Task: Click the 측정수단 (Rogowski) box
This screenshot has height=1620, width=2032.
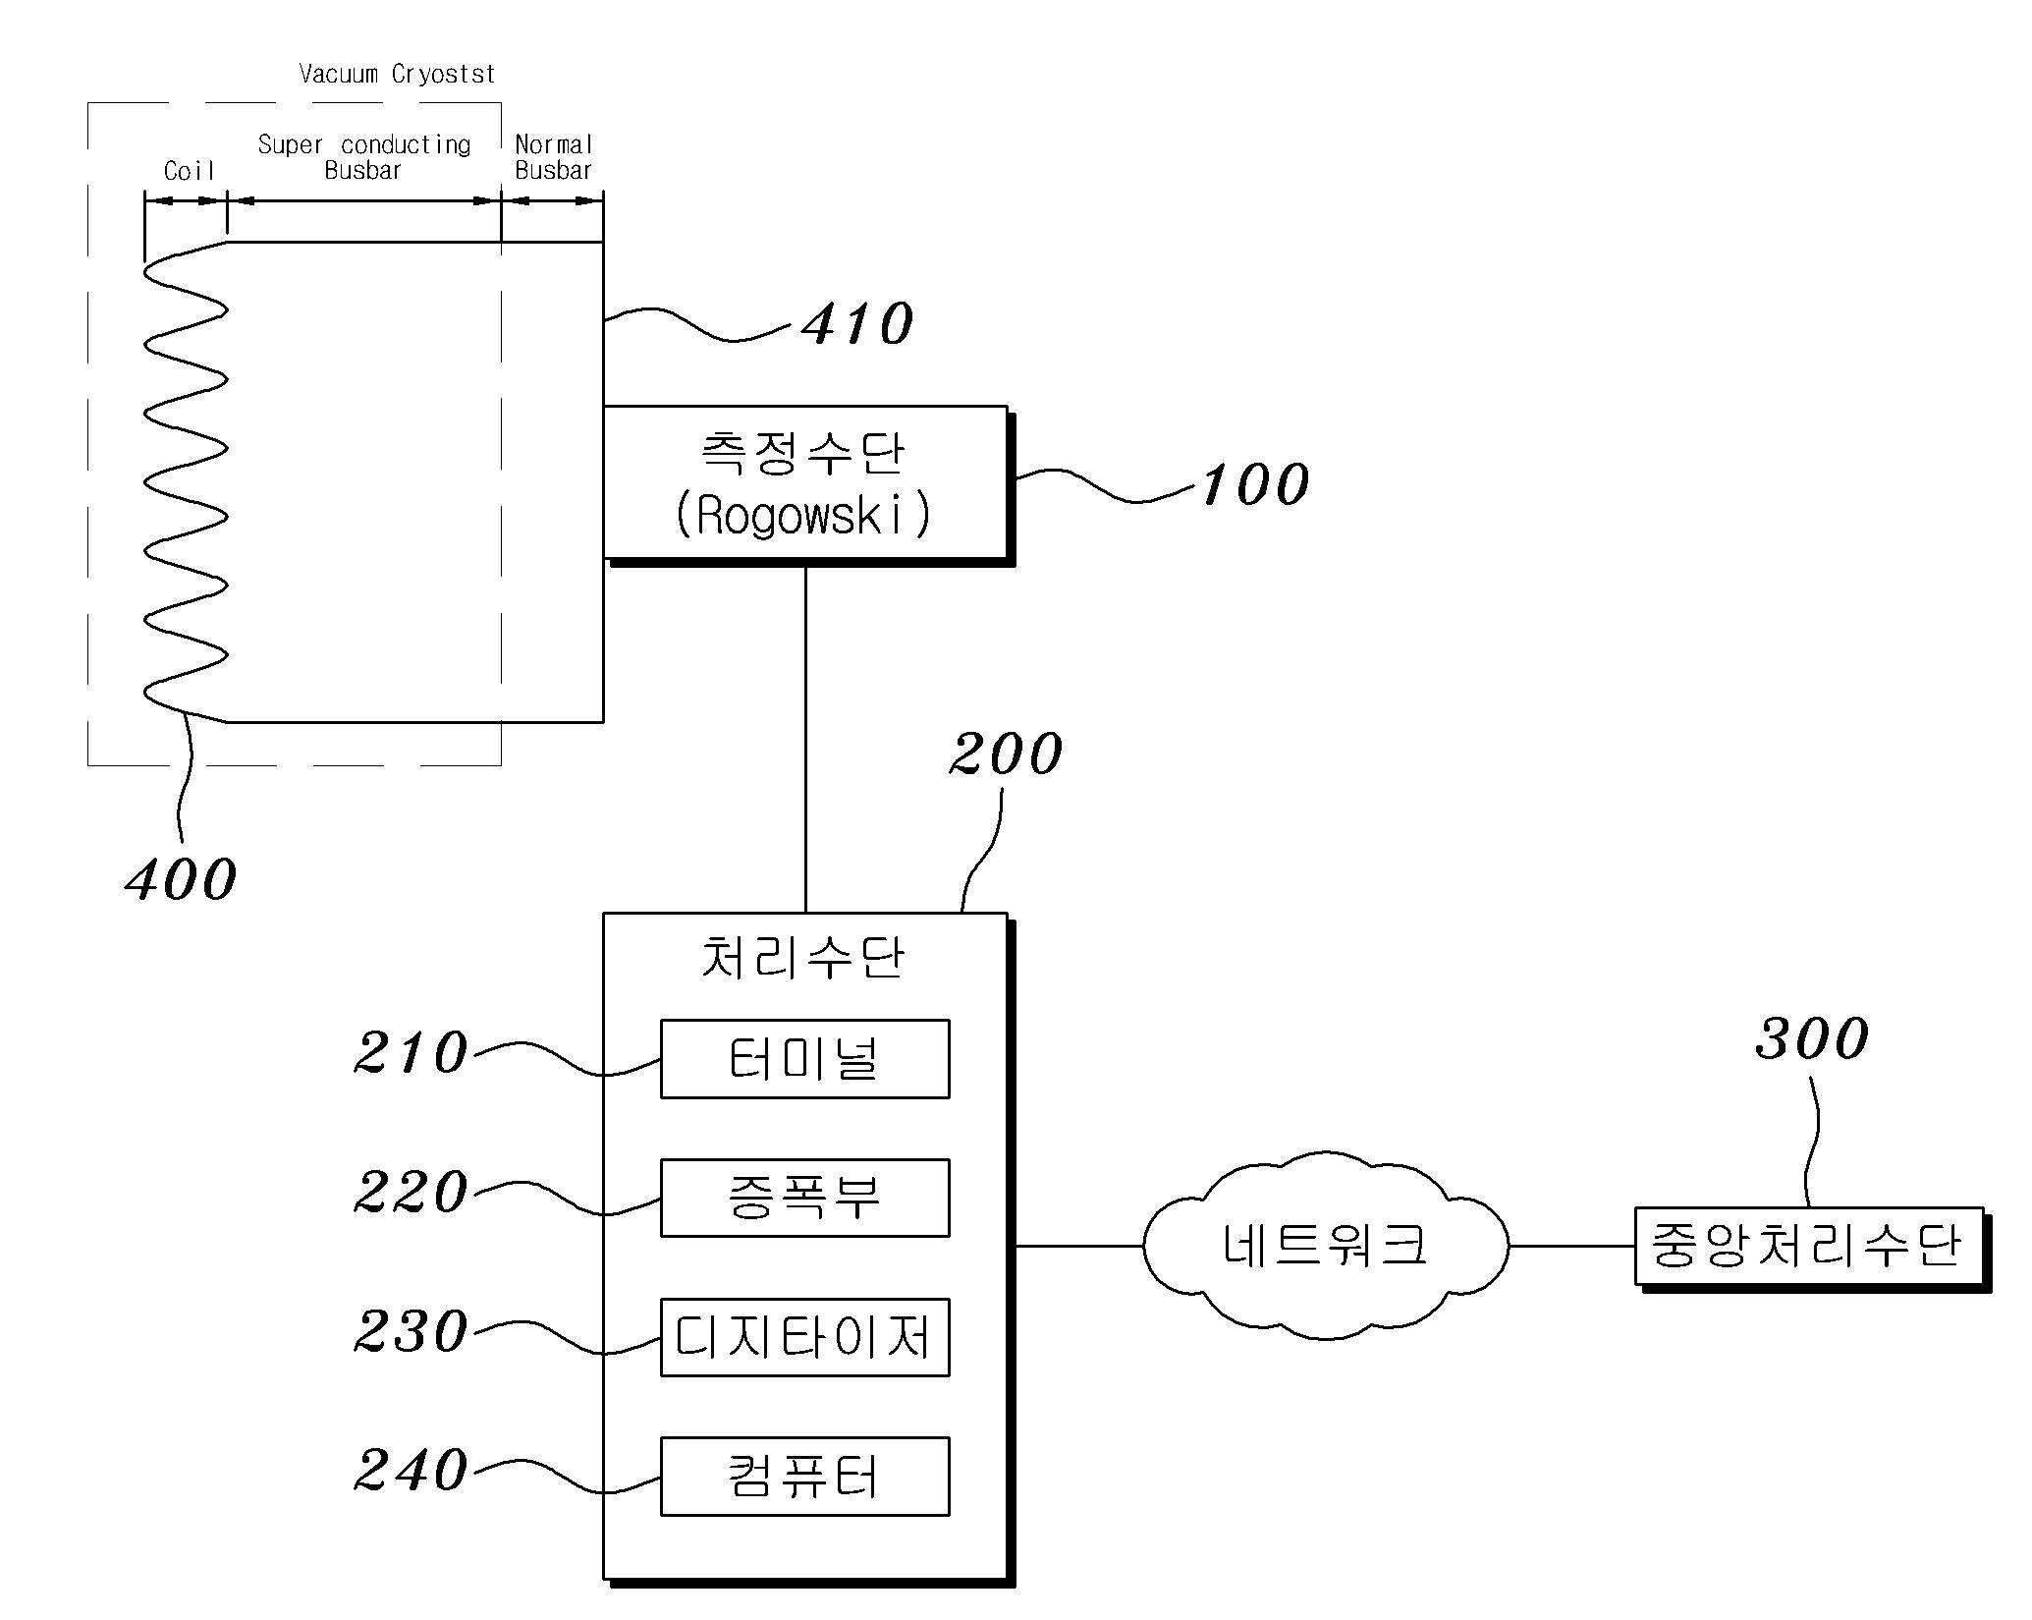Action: coord(805,483)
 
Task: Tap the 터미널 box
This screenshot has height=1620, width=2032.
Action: coord(804,1059)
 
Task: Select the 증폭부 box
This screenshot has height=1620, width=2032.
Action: coord(804,1198)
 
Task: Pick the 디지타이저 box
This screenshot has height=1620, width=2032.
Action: coord(804,1337)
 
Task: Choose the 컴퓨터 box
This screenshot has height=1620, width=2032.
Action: coord(804,1477)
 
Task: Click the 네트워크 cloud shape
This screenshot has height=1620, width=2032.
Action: coord(1325,1246)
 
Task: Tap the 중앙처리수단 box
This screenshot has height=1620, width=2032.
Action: coord(1808,1246)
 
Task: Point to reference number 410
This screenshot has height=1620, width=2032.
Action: coord(857,324)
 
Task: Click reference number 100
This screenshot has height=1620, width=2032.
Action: coord(1255,484)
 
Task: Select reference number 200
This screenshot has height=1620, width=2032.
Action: coord(1006,754)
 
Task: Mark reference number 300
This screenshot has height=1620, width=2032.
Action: coord(1812,1038)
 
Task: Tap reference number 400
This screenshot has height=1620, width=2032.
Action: coord(182,878)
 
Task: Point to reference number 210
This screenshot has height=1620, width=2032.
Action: coord(411,1053)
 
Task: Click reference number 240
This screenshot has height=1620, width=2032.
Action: coord(411,1471)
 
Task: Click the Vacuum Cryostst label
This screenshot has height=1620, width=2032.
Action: coord(397,74)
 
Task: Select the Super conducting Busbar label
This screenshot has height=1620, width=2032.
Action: coord(363,157)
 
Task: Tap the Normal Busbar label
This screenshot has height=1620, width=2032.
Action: coord(553,157)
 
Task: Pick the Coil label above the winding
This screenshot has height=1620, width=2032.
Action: coord(189,171)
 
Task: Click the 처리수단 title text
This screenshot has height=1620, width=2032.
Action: coord(802,958)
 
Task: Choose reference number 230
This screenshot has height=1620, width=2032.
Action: coord(411,1332)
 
